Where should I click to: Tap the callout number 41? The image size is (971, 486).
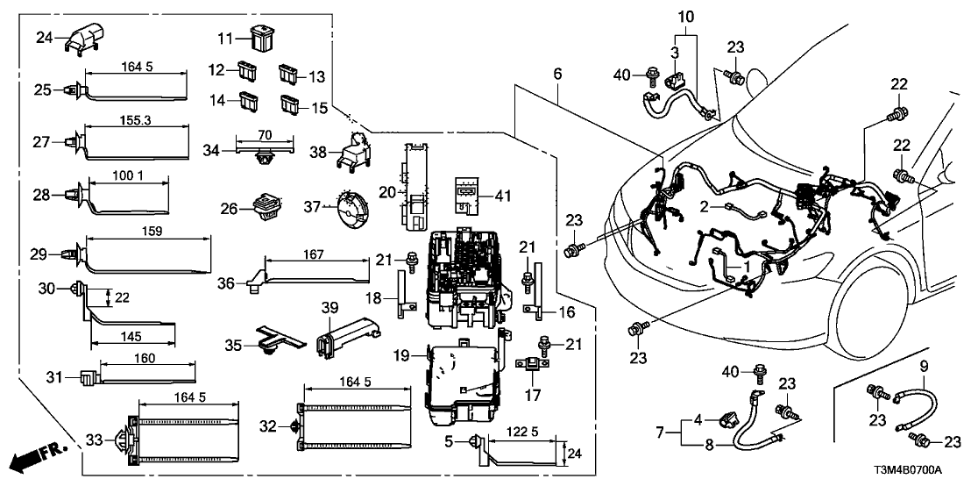pyautogui.click(x=502, y=192)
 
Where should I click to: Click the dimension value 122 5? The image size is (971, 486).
pyautogui.click(x=523, y=431)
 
